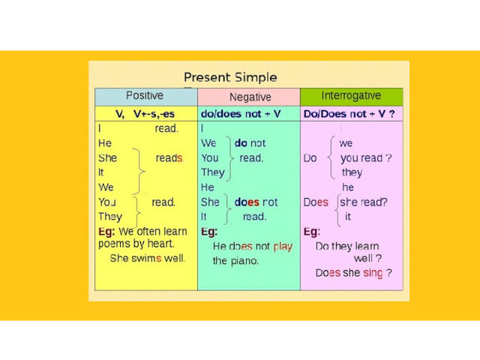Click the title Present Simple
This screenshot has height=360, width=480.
point(230,77)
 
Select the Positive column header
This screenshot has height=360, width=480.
point(145,95)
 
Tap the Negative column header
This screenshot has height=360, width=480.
point(250,97)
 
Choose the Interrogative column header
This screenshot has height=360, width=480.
point(351,96)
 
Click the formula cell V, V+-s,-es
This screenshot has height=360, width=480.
point(145,114)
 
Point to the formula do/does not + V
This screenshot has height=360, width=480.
point(241,114)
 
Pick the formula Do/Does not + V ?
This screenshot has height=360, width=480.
point(349,114)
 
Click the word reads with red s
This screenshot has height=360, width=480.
point(169,158)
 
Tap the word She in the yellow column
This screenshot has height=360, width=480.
point(107,158)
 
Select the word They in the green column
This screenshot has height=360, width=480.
point(213,173)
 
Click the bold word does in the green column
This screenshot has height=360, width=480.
point(247,202)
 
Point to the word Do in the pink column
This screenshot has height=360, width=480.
point(310,158)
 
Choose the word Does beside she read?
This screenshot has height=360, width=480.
point(316,202)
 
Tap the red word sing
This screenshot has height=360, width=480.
point(373,273)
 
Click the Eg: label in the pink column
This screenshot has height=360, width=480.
point(312,232)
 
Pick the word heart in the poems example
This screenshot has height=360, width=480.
point(160,244)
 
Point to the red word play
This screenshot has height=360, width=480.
point(283,247)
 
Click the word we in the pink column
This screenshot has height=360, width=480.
point(346,143)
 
